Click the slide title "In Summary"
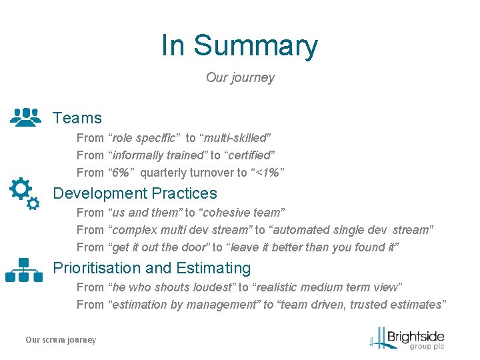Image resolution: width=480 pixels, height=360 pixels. (x=239, y=45)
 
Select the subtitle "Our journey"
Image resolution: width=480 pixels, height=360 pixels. (x=240, y=77)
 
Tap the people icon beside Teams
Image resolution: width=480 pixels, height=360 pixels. (x=27, y=117)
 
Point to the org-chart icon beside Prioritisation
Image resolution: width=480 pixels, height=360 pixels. (x=24, y=269)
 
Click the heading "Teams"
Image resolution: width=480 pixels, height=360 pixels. (x=77, y=118)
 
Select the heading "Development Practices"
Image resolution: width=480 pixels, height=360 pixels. (x=135, y=193)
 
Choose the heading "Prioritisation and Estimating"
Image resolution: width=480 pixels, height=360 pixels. (x=152, y=268)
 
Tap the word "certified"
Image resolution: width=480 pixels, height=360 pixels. (x=251, y=155)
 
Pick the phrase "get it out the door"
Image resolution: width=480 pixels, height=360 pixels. (x=159, y=247)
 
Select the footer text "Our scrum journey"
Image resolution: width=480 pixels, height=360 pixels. (x=61, y=340)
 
